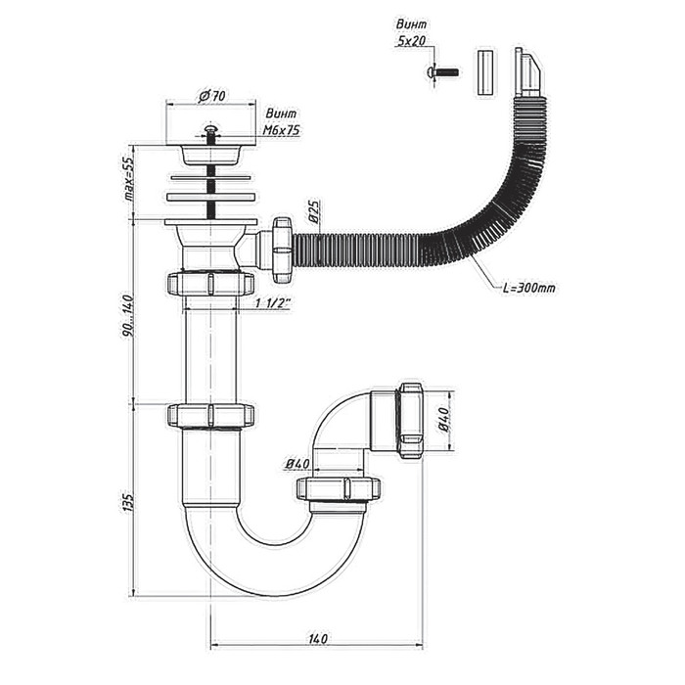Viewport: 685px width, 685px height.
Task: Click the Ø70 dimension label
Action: [x=212, y=96]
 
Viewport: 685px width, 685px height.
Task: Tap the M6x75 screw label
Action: [x=282, y=130]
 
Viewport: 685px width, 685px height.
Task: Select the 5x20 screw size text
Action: [x=411, y=41]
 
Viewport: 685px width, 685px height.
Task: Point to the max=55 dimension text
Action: [x=127, y=179]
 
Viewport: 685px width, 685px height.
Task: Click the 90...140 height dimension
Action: [x=127, y=314]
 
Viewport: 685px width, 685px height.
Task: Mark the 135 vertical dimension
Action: [x=127, y=501]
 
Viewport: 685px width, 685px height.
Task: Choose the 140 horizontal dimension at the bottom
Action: [x=318, y=638]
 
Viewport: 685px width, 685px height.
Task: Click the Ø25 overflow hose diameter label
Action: [x=314, y=211]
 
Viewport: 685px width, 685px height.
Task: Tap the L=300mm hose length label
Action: [x=528, y=288]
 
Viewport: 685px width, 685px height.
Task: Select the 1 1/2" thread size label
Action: [x=272, y=303]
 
